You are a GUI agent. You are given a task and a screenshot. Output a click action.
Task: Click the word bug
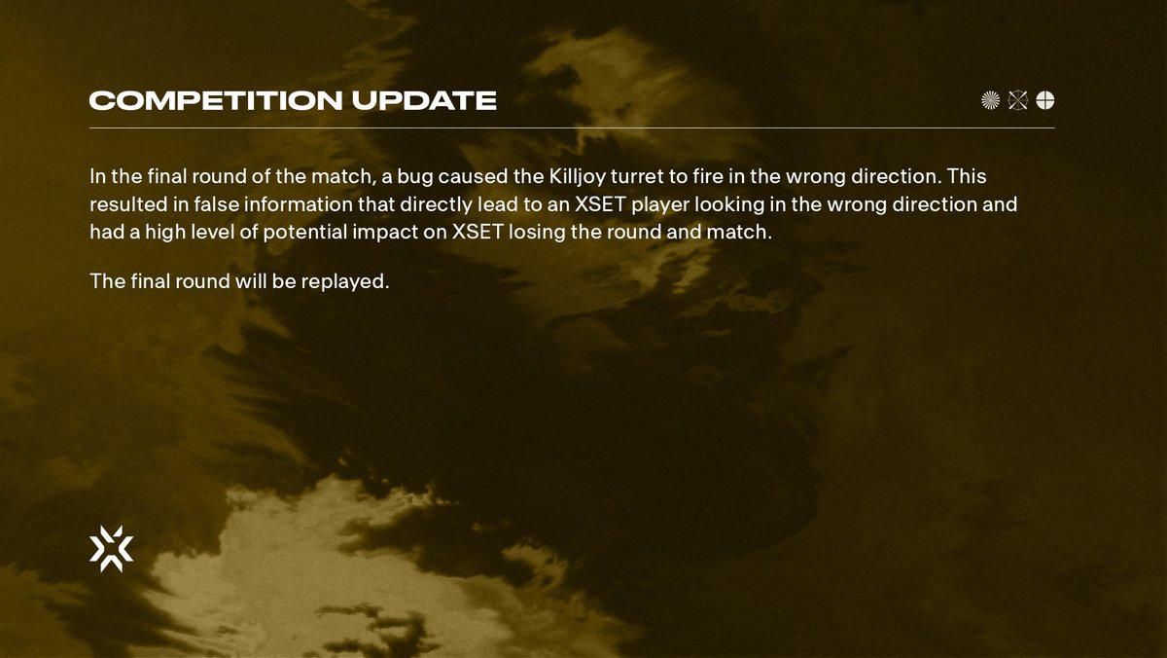pos(415,177)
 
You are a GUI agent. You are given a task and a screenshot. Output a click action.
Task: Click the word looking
pos(728,205)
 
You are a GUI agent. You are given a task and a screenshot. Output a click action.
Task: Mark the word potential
pos(312,234)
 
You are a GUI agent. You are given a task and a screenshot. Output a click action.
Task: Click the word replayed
pos(340,282)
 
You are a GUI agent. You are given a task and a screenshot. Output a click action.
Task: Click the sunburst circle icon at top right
pos(991,100)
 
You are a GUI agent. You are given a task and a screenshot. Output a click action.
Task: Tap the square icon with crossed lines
pos(1018,100)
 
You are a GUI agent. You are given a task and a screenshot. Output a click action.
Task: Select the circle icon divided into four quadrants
pos(1045,100)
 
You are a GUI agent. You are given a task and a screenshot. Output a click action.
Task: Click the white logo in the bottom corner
pos(111,548)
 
